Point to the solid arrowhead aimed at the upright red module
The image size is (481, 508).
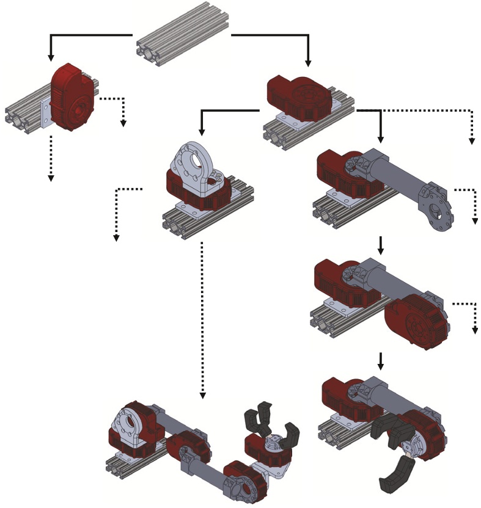click(x=51, y=57)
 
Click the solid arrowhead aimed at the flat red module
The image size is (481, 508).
click(x=308, y=62)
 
